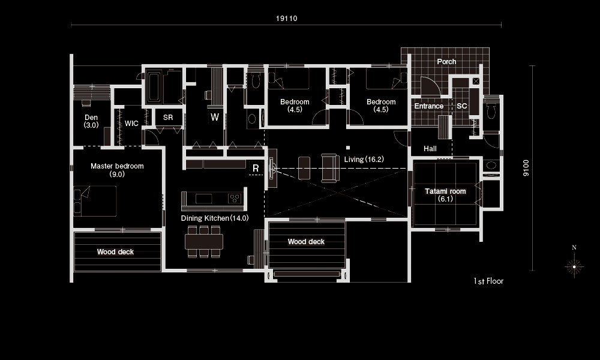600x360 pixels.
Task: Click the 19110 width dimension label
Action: point(287,19)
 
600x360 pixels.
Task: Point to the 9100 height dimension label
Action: point(526,168)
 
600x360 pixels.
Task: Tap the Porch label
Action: point(446,62)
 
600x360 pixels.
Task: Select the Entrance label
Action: point(429,106)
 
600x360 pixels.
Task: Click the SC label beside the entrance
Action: point(462,106)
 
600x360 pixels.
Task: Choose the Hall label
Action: point(430,148)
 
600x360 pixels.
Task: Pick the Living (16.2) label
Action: point(364,160)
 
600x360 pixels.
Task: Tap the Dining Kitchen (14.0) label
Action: point(215,218)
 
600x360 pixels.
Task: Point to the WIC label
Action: point(131,123)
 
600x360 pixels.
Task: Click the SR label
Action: point(168,118)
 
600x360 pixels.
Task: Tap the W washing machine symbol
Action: point(215,117)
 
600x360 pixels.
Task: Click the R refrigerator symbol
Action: point(256,169)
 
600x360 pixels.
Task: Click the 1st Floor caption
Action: point(488,281)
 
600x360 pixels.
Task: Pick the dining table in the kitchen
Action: point(204,241)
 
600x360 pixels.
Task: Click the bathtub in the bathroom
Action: point(154,87)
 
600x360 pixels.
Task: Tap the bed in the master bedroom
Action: point(95,201)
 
